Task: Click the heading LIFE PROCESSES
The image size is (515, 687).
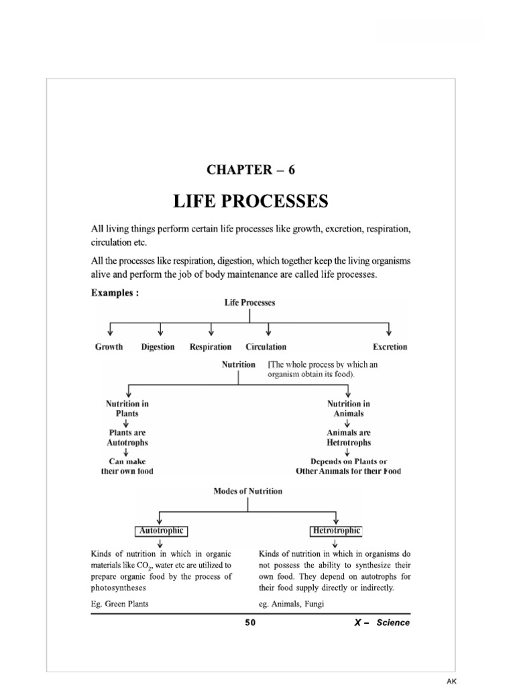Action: pos(251,201)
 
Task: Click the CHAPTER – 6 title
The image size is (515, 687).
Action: pos(251,170)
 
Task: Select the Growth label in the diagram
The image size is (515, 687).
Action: pos(109,347)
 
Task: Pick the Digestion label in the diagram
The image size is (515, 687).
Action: pos(158,347)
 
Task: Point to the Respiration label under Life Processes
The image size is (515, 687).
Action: pos(211,347)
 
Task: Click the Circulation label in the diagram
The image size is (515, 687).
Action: pos(266,347)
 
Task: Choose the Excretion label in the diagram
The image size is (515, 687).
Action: pos(390,347)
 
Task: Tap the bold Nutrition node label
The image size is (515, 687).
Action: pos(238,364)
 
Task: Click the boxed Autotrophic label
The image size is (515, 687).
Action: pos(161,531)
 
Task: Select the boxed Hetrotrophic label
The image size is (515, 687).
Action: pos(335,531)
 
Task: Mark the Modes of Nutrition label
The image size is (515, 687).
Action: pos(247,491)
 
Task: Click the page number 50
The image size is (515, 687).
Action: pos(250,623)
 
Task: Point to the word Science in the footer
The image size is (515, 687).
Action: pos(393,623)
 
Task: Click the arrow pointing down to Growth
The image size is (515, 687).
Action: pos(109,330)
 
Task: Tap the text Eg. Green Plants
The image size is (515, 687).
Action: pos(119,604)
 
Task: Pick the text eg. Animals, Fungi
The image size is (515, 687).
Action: pos(291,604)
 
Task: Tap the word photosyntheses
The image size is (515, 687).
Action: pos(118,588)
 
